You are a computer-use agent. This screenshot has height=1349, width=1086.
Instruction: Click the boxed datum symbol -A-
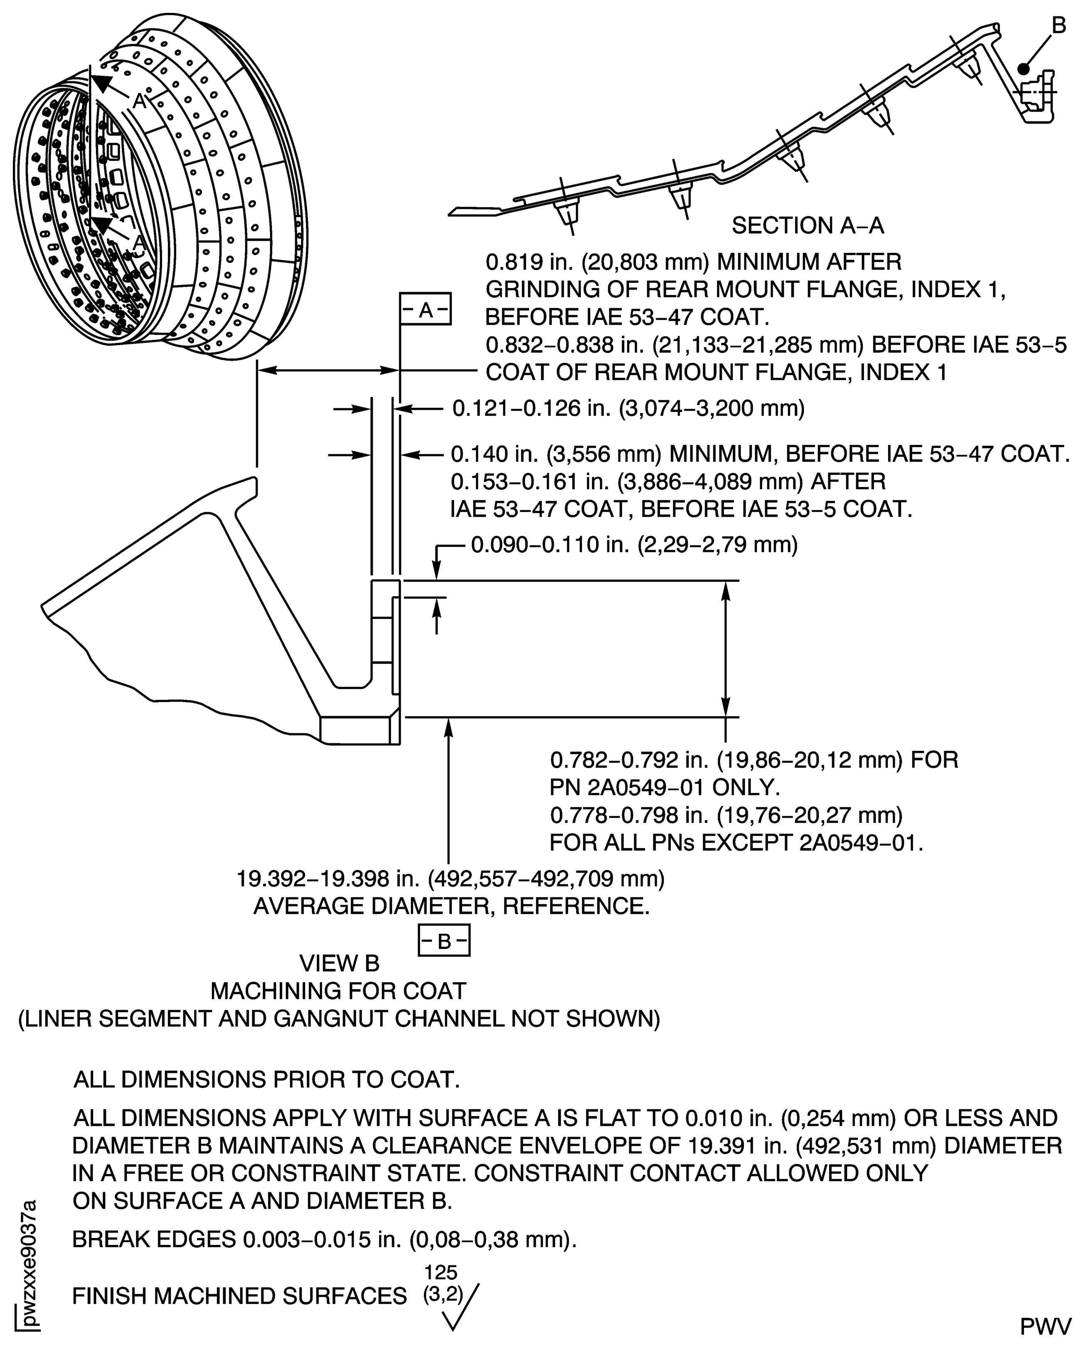coord(426,309)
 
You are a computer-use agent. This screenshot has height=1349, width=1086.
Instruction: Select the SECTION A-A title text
coord(808,225)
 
